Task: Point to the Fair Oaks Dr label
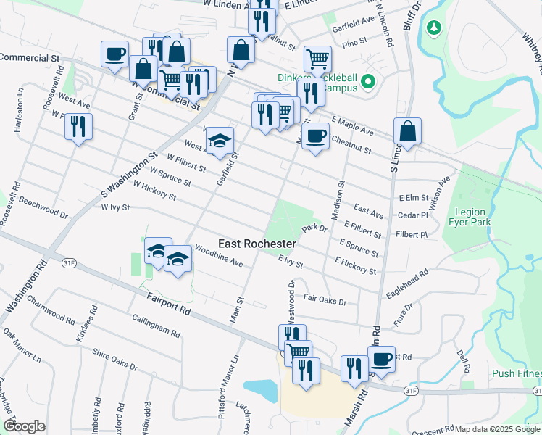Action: click(325, 299)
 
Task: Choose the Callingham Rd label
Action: click(156, 326)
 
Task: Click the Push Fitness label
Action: click(517, 373)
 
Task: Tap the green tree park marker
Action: click(434, 28)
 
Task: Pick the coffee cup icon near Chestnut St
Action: click(315, 136)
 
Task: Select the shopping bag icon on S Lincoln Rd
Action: click(408, 131)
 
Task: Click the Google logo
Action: click(24, 426)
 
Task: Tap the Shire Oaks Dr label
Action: click(114, 359)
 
